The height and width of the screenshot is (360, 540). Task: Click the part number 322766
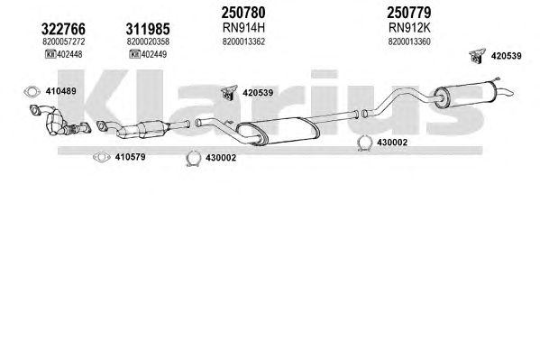tap(63, 29)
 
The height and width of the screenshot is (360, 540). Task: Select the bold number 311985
tap(148, 29)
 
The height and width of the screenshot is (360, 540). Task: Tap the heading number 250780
tap(243, 13)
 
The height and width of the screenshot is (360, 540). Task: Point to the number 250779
tap(408, 13)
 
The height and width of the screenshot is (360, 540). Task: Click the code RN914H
tap(243, 27)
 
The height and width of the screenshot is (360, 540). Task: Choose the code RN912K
tap(409, 27)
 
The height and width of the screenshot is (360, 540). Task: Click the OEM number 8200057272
tap(64, 42)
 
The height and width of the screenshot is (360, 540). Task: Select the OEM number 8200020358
tap(148, 42)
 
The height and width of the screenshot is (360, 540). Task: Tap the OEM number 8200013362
tap(243, 42)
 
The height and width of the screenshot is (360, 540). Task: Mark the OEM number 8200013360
tap(409, 42)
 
